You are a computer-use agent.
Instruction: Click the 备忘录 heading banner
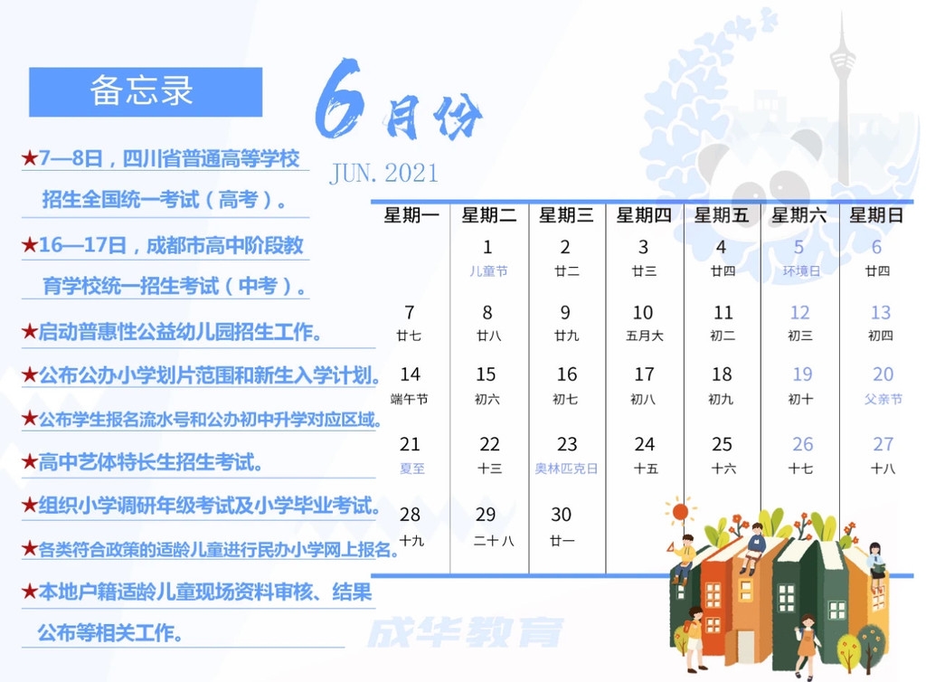tap(146, 91)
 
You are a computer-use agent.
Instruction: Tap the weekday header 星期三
tap(566, 215)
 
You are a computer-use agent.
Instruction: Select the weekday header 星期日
tap(876, 215)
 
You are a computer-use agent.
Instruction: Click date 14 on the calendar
tap(410, 374)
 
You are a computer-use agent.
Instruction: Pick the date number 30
tap(561, 515)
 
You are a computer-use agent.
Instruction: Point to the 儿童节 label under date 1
tap(488, 271)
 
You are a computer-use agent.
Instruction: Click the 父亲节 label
tap(883, 399)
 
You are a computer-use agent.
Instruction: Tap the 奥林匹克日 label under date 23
tap(566, 469)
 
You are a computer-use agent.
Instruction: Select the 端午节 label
tap(410, 399)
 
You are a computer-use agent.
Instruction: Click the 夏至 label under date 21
tap(412, 469)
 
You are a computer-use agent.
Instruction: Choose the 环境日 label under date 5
tap(801, 271)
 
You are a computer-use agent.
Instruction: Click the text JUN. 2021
tap(383, 174)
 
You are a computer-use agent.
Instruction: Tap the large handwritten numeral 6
tap(338, 99)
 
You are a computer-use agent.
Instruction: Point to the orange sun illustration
tap(680, 511)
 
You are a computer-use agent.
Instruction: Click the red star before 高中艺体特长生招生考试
tap(30, 461)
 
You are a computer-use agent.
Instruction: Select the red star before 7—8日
tap(30, 157)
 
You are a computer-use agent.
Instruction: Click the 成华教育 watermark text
tap(466, 632)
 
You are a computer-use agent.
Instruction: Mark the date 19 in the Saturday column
tap(802, 374)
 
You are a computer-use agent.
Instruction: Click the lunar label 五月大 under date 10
tap(645, 336)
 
